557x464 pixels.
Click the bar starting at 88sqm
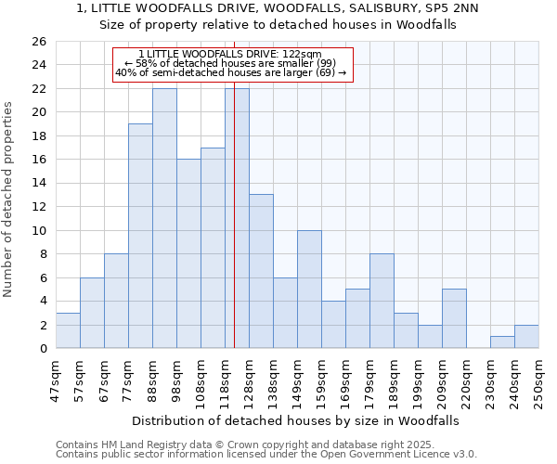pos(164,218)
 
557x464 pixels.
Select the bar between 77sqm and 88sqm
pos(140,236)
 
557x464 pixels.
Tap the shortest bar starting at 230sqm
pos(502,342)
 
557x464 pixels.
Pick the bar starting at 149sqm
pos(309,290)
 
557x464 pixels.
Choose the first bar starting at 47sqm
pos(68,330)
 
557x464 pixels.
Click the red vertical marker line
pos(234,232)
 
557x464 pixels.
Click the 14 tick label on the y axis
pos(38,184)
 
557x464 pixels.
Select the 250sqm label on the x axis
pos(538,380)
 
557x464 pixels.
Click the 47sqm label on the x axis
pos(56,380)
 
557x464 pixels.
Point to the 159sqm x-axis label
pos(321,380)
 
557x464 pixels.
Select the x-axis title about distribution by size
pos(295,420)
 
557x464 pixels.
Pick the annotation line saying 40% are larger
pos(231,72)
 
